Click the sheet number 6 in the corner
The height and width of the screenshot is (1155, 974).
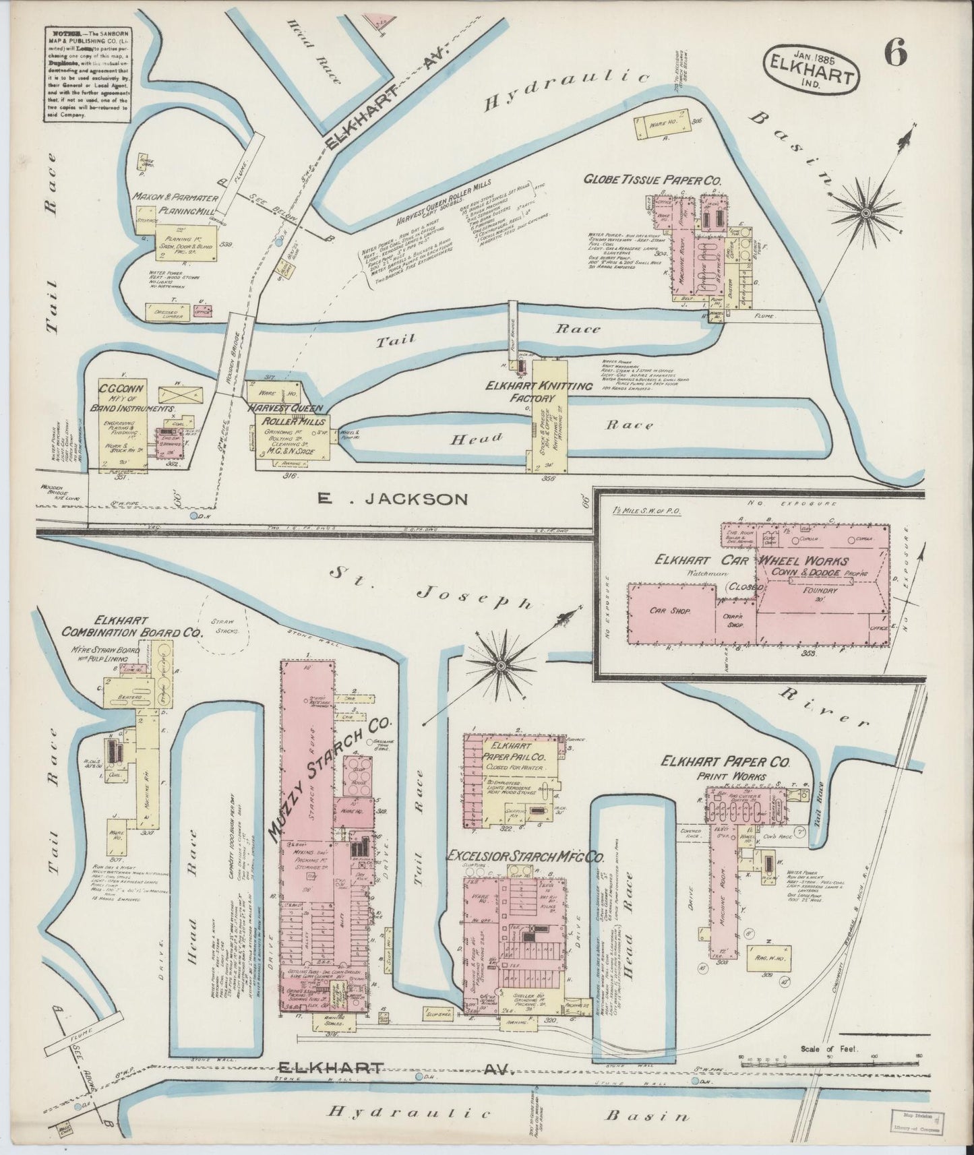(894, 52)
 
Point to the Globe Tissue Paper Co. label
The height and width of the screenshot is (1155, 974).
(652, 181)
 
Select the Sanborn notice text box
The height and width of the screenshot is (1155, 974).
(87, 73)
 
